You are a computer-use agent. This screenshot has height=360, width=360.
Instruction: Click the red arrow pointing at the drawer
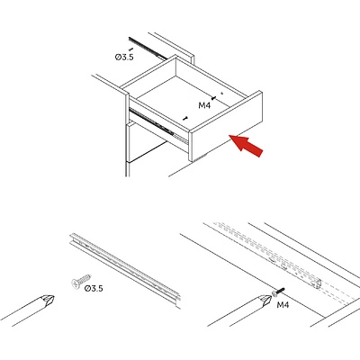point(247,146)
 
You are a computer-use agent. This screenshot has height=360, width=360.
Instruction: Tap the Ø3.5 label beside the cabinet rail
point(124,57)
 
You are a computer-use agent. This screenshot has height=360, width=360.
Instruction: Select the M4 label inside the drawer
point(204,105)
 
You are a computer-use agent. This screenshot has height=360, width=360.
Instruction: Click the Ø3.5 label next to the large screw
point(94,289)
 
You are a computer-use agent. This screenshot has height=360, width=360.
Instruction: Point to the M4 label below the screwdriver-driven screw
point(283,305)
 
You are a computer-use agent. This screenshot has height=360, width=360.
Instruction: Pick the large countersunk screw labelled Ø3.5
point(81,281)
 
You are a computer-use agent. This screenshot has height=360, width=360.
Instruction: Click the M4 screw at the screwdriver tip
point(278,292)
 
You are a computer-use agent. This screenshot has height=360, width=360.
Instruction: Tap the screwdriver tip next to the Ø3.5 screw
point(48,301)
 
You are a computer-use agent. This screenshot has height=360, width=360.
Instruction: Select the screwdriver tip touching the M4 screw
point(265,300)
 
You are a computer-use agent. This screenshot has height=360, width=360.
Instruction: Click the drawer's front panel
point(226,127)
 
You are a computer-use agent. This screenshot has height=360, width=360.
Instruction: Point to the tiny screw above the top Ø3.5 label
point(130,49)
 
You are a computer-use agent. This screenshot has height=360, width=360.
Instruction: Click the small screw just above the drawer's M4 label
point(213,98)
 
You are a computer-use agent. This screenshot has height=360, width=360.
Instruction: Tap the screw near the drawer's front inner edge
point(185,118)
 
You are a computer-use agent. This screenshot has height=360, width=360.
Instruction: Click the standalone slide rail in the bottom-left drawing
point(125,270)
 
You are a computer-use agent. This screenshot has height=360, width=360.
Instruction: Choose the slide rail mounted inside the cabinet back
point(148,48)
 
